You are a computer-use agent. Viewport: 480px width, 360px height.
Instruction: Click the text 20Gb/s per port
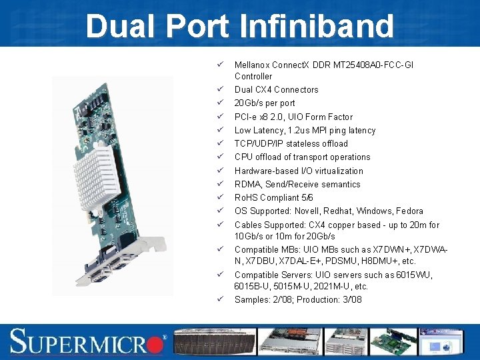(x=265, y=103)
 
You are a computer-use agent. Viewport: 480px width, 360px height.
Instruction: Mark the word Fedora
(x=408, y=211)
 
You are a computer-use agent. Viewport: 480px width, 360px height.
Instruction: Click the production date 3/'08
(x=350, y=299)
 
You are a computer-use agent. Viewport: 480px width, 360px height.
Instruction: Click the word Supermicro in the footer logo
(x=83, y=341)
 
